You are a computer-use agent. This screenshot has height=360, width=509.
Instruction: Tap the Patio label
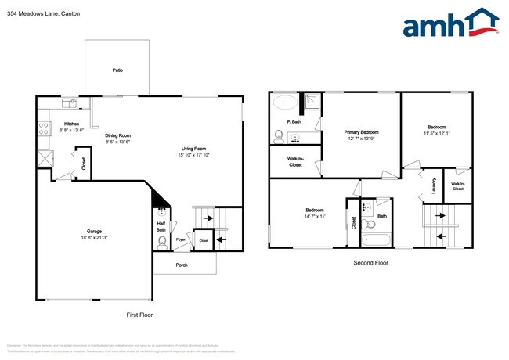point(117,70)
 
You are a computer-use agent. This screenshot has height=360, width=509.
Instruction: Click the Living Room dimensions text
point(194,155)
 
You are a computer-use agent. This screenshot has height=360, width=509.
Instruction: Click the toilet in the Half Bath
point(162,241)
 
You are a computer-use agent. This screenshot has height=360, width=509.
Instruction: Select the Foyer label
point(180,239)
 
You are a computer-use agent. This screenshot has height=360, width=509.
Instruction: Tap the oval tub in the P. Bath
point(283,103)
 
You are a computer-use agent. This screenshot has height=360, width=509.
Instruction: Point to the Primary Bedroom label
point(362,132)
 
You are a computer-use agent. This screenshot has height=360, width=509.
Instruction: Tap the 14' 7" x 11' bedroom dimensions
point(316,216)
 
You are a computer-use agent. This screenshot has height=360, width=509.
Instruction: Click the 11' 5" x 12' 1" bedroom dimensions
point(437,133)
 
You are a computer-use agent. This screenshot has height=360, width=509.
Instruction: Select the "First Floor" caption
point(139,315)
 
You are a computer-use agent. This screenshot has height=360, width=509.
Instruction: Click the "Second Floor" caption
point(370,263)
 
